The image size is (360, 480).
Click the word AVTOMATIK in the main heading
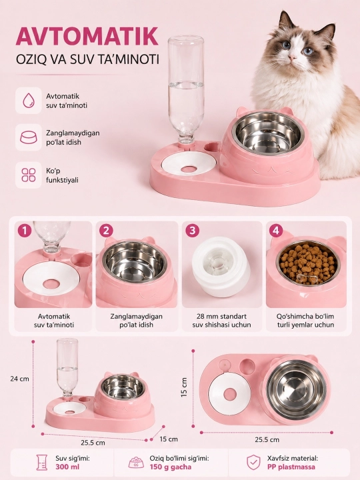point(87,37)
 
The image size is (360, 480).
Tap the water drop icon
point(29,101)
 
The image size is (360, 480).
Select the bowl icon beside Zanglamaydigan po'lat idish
point(29,137)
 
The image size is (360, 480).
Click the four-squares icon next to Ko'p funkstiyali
point(29,175)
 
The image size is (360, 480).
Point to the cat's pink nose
point(293,57)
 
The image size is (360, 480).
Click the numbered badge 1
point(25,231)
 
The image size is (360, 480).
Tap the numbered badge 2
point(106,231)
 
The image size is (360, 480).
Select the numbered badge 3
point(192,231)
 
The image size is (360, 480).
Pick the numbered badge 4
point(276,231)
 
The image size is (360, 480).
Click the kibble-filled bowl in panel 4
point(308,263)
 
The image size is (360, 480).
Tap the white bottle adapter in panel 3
point(221,266)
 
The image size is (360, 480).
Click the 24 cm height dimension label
point(19,379)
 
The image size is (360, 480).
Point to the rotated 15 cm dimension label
point(184,387)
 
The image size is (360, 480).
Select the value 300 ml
point(67,467)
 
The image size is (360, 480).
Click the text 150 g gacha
point(171,467)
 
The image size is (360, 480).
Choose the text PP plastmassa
point(291,467)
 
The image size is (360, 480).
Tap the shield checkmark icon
point(253,462)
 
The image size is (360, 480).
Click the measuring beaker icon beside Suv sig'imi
point(41,462)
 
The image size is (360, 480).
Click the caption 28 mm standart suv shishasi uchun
point(221,321)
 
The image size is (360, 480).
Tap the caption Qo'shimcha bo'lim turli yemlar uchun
point(305,321)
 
